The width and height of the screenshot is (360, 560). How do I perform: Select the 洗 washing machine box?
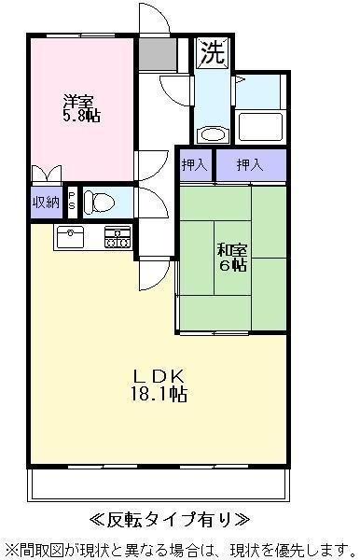click(x=212, y=53)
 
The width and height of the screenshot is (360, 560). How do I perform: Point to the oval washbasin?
click(x=214, y=133)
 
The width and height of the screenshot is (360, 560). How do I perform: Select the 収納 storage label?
click(x=46, y=201)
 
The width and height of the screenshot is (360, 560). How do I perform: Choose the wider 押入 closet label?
click(x=249, y=165)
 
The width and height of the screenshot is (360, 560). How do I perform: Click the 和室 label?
click(x=232, y=249)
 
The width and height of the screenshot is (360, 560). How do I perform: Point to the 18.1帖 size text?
click(x=159, y=394)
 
